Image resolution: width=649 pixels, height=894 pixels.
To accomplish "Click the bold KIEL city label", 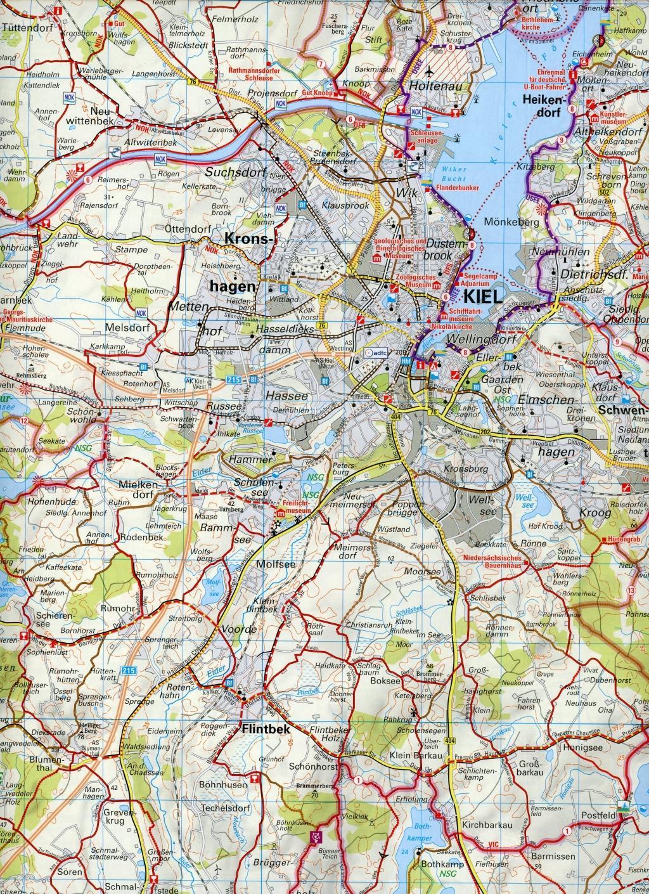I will tap(485, 296).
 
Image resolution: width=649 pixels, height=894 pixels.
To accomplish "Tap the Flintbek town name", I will tap(265, 730).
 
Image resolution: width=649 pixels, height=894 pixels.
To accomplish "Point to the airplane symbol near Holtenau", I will tap(433, 70).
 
